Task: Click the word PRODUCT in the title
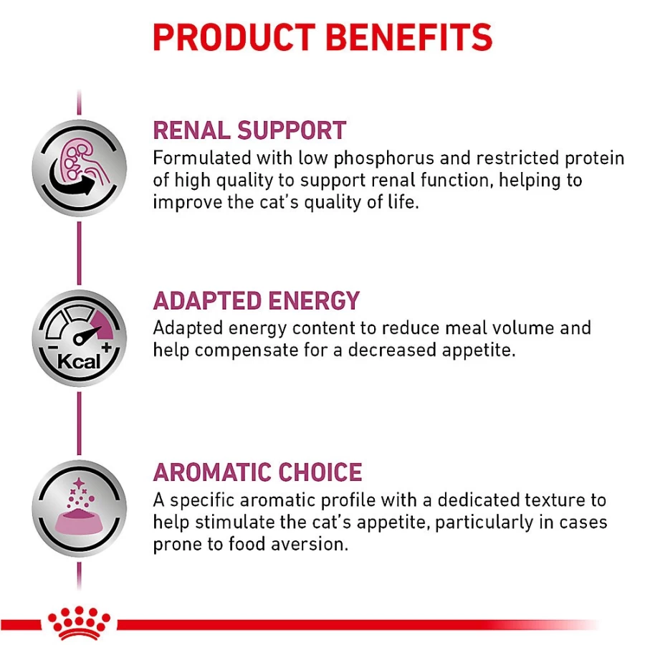pyautogui.click(x=234, y=37)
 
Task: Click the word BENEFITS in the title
pyautogui.click(x=409, y=37)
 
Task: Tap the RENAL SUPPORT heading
pyautogui.click(x=249, y=130)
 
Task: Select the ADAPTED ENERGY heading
pyautogui.click(x=257, y=301)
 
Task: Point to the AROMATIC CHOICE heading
pyautogui.click(x=257, y=472)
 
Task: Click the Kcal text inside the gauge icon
pyautogui.click(x=78, y=362)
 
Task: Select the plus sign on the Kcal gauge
pyautogui.click(x=107, y=348)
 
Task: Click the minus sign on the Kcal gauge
pyautogui.click(x=52, y=348)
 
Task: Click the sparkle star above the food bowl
pyautogui.click(x=78, y=483)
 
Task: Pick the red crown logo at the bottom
pyautogui.click(x=79, y=623)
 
